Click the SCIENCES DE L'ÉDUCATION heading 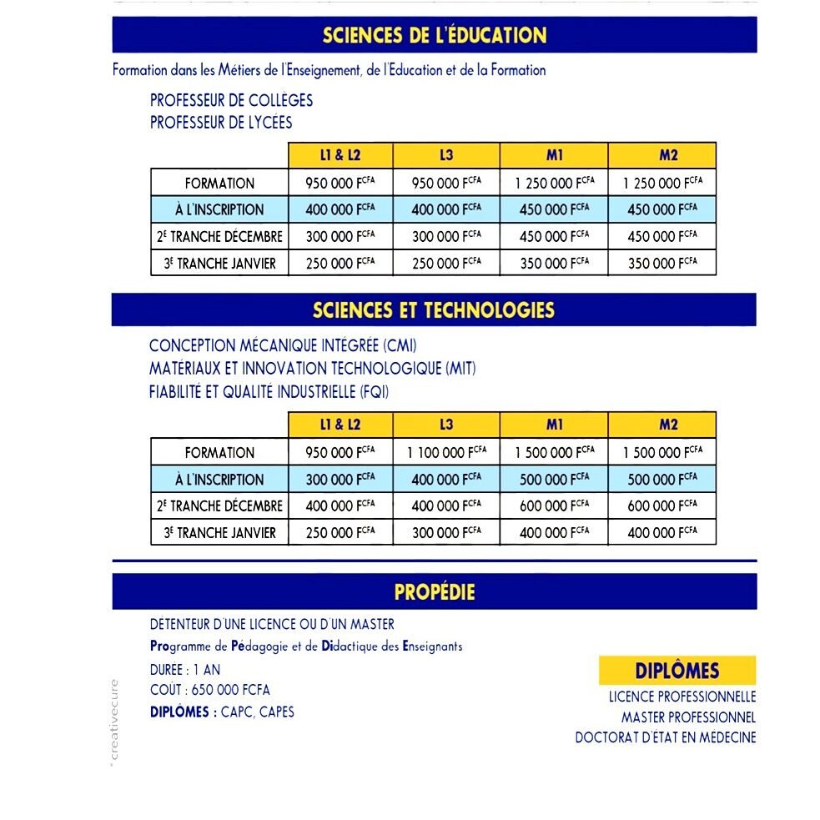click(434, 35)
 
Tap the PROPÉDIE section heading click(434, 592)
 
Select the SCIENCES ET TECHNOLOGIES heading click(434, 310)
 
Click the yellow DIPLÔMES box click(677, 671)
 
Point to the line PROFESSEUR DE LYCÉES click(221, 123)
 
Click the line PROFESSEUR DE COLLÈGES click(231, 100)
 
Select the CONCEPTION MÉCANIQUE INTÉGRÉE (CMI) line click(282, 345)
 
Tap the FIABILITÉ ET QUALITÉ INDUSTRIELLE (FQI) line click(269, 392)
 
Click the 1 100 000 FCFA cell click(446, 452)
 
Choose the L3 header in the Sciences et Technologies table click(446, 425)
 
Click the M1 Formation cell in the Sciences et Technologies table click(554, 452)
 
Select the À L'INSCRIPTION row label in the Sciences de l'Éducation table click(219, 209)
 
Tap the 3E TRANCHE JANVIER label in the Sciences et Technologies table click(219, 532)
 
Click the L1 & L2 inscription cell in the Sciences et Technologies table click(340, 479)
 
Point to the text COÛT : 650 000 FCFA click(209, 690)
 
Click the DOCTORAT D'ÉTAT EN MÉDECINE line click(665, 737)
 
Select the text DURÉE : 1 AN click(185, 669)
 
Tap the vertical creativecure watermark click(116, 722)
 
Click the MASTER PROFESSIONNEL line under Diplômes click(688, 717)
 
